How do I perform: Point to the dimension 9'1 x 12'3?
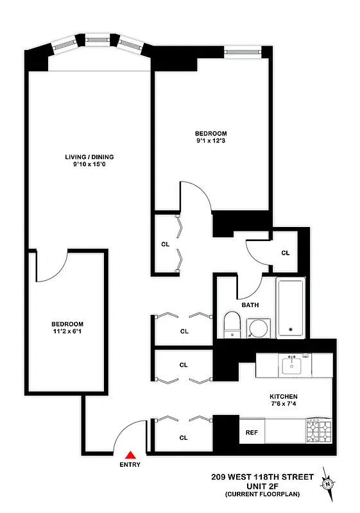211,140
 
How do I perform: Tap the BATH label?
250,305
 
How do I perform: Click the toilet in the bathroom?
231,324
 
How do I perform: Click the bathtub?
292,308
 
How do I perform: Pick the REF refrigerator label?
252,432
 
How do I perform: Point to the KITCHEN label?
283,396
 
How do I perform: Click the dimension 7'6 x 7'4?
283,405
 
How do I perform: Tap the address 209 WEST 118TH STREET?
262,477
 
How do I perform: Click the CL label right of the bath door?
285,253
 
